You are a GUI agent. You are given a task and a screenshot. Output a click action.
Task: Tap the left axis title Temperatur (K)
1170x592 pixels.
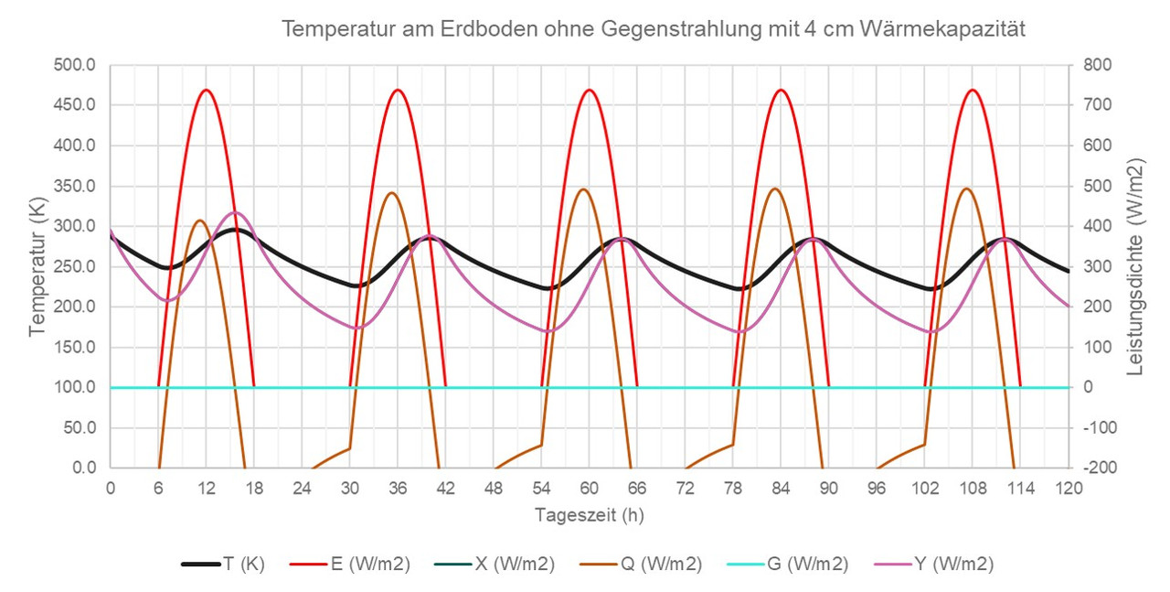pyautogui.click(x=37, y=266)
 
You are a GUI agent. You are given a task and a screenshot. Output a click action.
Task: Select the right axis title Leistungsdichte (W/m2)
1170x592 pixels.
pyautogui.click(x=1136, y=266)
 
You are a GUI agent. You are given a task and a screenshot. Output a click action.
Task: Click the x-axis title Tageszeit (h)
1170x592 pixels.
pyautogui.click(x=589, y=515)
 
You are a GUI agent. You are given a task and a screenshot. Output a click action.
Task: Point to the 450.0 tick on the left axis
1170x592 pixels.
pyautogui.click(x=76, y=105)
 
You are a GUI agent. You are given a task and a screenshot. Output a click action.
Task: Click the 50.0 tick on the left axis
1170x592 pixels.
pyautogui.click(x=80, y=427)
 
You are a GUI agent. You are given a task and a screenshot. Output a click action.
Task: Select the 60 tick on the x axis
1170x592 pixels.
pyautogui.click(x=589, y=488)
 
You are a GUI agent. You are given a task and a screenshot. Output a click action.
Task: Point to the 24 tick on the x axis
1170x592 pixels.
pyautogui.click(x=302, y=488)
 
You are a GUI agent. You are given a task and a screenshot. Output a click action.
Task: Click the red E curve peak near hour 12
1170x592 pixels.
pyautogui.click(x=207, y=90)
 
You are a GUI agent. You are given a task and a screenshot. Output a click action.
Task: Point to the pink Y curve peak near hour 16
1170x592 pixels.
pyautogui.click(x=235, y=212)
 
